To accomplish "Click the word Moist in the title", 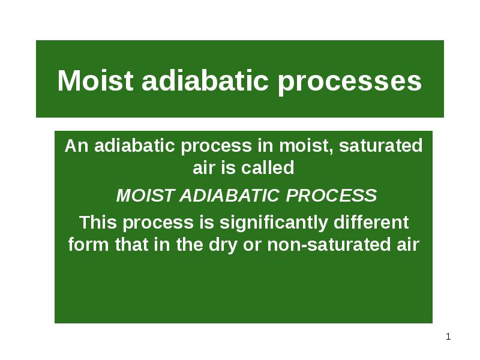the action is (x=95, y=80).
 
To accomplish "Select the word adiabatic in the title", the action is (x=205, y=80).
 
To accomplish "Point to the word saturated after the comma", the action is (x=381, y=145).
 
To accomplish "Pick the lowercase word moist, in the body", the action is (x=307, y=146).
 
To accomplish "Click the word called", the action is (x=268, y=168).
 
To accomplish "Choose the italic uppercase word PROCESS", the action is (x=331, y=195).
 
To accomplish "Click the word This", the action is (x=98, y=222).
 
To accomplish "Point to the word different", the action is (x=371, y=222).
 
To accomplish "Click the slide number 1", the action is (x=448, y=337).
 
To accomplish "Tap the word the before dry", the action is (x=190, y=244).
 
